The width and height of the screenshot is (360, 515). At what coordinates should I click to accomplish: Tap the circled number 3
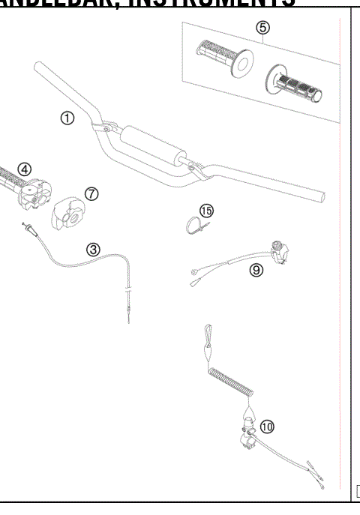pos(91,249)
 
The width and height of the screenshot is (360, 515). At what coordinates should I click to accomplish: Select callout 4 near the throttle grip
pos(25,168)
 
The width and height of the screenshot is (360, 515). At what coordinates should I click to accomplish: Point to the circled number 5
pos(262,27)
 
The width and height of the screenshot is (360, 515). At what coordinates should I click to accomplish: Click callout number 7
pos(91,193)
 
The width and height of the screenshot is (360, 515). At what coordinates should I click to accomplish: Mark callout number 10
pos(268,427)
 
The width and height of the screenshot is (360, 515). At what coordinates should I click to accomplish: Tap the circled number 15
pos(207,211)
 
